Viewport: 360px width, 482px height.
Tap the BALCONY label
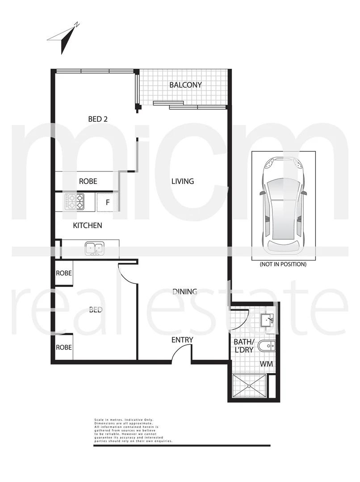point(185,85)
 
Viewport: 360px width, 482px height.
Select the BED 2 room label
point(98,119)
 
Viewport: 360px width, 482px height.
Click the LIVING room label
point(183,181)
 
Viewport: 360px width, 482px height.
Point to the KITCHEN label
point(88,225)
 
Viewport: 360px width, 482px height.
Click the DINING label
point(185,291)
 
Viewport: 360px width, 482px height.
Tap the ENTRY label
point(182,340)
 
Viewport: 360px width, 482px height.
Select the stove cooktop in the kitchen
point(75,201)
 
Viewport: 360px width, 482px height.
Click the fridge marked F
point(107,202)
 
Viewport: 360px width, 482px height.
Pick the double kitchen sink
point(94,249)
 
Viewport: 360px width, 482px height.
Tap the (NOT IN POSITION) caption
point(283,264)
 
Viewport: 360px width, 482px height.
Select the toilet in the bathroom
point(268,345)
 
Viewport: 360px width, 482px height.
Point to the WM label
point(266,364)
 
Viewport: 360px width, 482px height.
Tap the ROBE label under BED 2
point(88,182)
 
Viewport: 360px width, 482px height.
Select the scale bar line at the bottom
point(182,445)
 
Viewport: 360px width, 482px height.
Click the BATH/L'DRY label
point(243,346)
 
